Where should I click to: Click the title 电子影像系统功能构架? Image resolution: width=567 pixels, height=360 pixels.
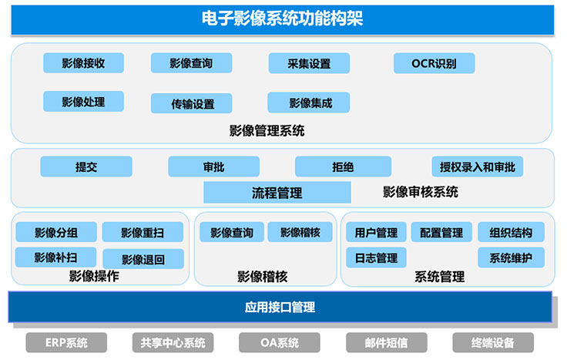point(283,19)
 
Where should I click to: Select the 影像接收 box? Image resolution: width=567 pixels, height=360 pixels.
point(83,63)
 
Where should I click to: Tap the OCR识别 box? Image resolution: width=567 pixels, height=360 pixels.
point(434,63)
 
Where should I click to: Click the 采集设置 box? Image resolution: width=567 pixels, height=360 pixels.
point(309,63)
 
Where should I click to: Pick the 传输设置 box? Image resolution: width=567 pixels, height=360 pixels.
point(191,103)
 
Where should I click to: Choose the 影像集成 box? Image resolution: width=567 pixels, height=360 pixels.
point(309,103)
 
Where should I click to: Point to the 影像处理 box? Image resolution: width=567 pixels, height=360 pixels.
point(83,101)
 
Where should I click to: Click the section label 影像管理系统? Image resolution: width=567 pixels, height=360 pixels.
point(267,130)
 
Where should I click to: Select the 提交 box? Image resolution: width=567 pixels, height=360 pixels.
point(86,167)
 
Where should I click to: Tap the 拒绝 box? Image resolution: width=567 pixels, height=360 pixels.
point(343,167)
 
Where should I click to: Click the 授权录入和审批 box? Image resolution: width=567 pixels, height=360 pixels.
point(478,167)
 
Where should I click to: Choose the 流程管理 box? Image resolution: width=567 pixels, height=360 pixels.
point(277,193)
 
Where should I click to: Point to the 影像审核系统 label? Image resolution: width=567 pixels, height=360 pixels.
point(421,192)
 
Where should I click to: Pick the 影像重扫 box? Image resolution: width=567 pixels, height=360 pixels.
point(143,232)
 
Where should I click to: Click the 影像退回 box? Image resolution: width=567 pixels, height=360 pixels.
point(143,259)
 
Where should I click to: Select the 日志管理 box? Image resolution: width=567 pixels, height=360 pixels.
point(376,257)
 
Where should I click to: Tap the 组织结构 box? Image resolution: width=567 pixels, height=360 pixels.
point(511,232)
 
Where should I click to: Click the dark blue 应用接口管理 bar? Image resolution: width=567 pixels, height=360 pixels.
point(280,307)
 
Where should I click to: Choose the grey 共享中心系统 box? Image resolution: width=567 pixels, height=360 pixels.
point(173,342)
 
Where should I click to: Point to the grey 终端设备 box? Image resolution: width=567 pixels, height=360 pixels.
point(493,342)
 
